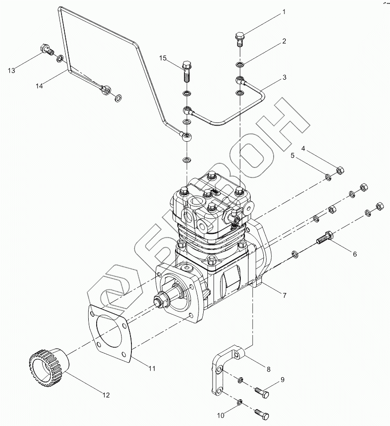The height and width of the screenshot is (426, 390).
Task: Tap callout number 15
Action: [163, 58]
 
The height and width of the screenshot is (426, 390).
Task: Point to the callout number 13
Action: [11, 70]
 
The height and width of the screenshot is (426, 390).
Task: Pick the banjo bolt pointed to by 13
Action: [46, 48]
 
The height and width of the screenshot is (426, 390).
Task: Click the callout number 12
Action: [107, 395]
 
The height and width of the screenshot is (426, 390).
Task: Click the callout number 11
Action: [152, 369]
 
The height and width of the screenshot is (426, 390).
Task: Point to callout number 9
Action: [283, 380]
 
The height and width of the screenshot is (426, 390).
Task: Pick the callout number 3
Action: [284, 77]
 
